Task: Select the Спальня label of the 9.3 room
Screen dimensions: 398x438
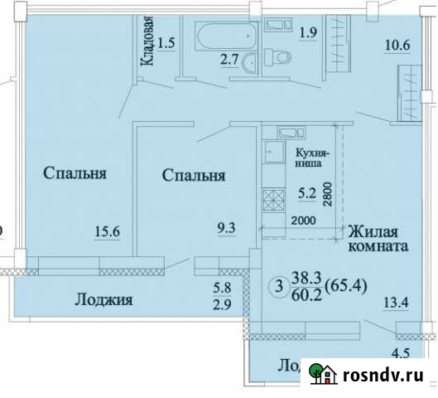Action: [195, 176]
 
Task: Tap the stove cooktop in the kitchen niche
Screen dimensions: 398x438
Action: [273, 200]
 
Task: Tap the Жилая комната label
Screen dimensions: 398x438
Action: [378, 239]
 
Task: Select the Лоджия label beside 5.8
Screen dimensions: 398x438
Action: [104, 299]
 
